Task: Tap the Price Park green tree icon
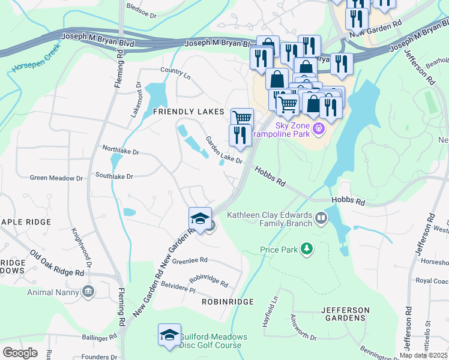(x=307, y=248)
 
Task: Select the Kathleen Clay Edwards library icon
(x=321, y=218)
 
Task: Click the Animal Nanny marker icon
(x=89, y=292)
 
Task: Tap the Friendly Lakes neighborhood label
(x=188, y=112)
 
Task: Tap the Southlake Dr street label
(x=114, y=176)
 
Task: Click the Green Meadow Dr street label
(x=56, y=178)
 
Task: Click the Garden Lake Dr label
(x=223, y=151)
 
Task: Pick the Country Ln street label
(x=175, y=74)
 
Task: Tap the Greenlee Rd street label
(x=189, y=260)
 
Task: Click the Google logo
(x=20, y=352)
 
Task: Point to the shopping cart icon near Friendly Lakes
(x=242, y=118)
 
